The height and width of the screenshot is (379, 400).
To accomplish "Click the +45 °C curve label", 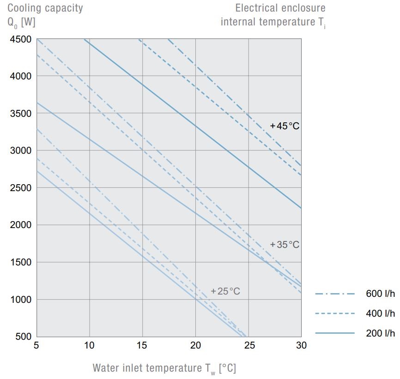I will (x=285, y=126).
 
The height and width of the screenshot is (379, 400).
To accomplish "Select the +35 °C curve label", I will (x=285, y=244).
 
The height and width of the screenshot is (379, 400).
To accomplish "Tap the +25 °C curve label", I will (x=225, y=291).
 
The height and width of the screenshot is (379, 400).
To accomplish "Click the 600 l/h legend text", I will (x=381, y=294).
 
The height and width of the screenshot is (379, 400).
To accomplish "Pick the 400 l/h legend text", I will (x=381, y=313).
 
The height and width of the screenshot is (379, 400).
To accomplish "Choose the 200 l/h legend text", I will (x=381, y=333).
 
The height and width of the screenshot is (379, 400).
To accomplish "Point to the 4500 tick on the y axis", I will (x=20, y=39).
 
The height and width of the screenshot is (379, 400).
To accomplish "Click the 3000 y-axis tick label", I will (x=20, y=150).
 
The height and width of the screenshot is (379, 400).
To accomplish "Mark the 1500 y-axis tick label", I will (x=20, y=262).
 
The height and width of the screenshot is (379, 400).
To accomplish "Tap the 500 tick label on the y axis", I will (x=23, y=337).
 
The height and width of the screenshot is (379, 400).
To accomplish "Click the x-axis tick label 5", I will (x=36, y=345).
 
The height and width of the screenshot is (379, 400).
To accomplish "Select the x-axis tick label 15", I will (x=142, y=345).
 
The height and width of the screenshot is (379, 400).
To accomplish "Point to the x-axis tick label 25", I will (x=248, y=345).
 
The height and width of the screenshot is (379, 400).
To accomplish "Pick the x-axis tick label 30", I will (x=301, y=345).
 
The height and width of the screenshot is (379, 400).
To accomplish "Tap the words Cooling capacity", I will (x=45, y=8).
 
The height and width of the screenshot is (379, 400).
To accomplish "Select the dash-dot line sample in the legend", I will (x=335, y=294).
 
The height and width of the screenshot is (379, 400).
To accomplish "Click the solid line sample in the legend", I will (x=335, y=333).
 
